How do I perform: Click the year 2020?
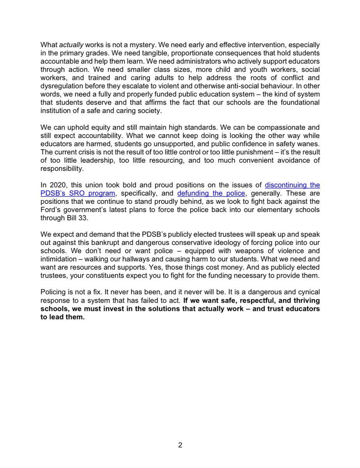(x=56, y=185)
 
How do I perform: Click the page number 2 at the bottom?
(x=180, y=445)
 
